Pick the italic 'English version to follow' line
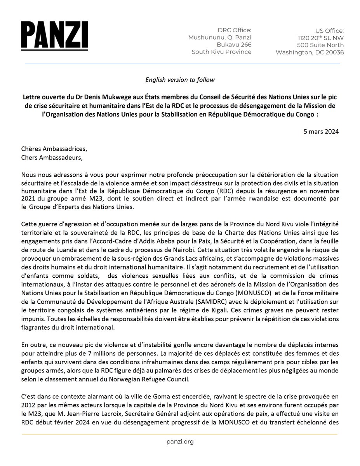point(180,80)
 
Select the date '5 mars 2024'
point(322,131)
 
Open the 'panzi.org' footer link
point(180,442)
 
